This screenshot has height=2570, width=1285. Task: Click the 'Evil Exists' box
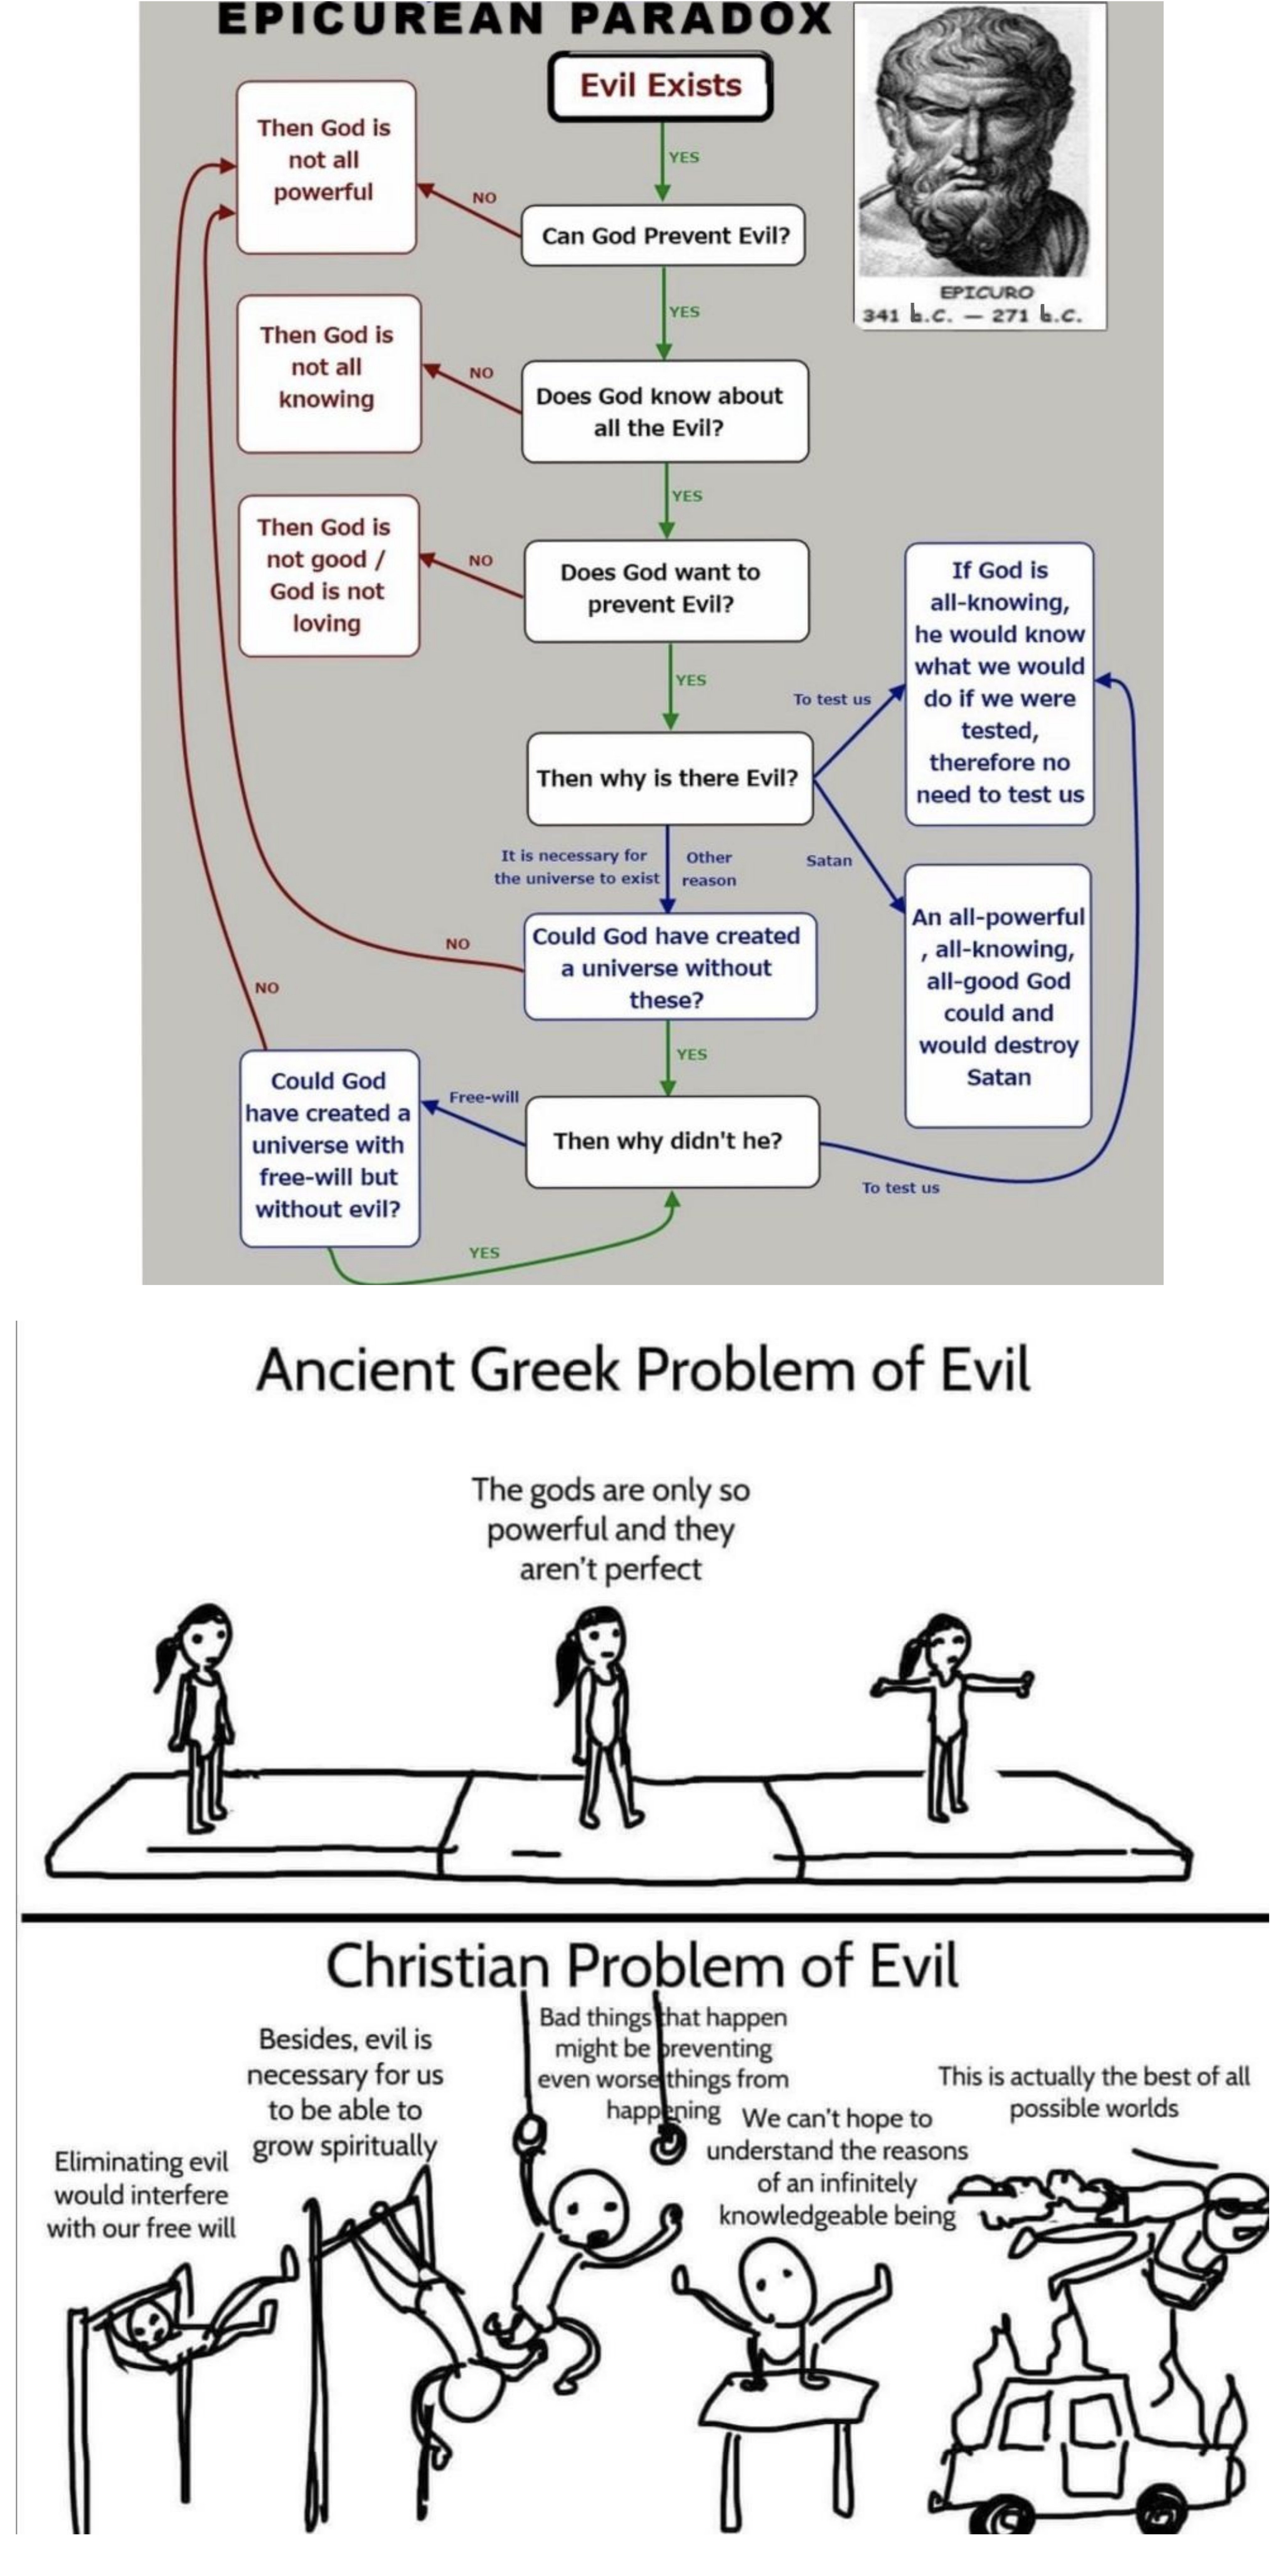[x=660, y=86]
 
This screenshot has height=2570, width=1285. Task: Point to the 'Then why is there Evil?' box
[x=668, y=778]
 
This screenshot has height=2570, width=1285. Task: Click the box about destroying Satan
[x=998, y=996]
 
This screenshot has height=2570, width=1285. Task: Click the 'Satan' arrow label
[x=829, y=860]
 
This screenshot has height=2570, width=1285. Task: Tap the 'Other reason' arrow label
[x=709, y=868]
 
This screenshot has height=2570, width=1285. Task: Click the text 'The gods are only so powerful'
[x=611, y=1511]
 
